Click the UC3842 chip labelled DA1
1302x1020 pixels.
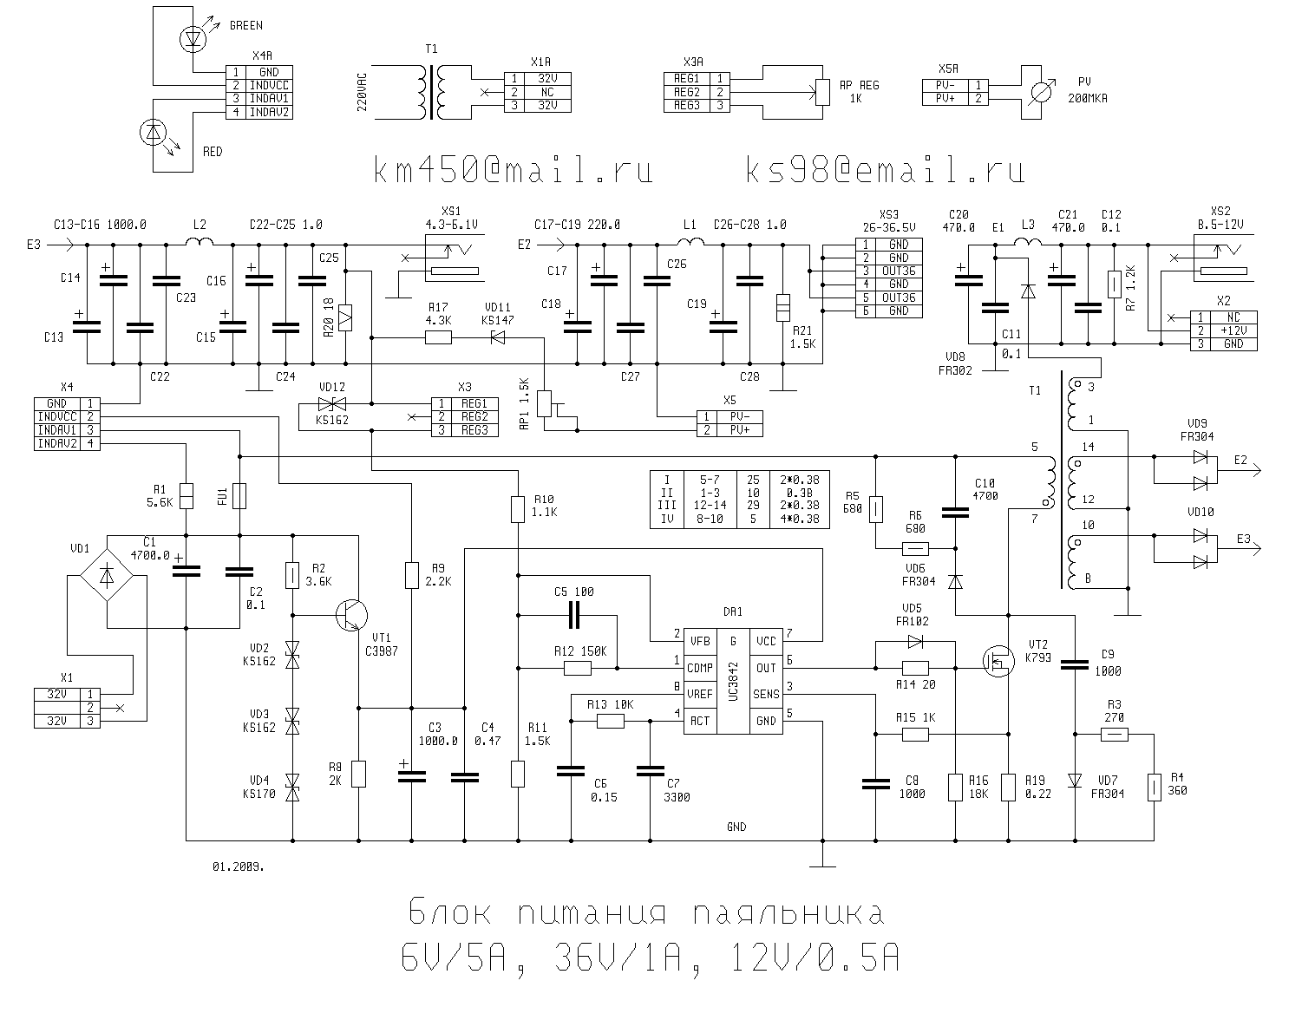point(732,681)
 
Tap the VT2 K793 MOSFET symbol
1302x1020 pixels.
point(998,661)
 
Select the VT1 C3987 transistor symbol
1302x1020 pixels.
point(350,614)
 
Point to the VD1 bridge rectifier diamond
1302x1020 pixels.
point(106,575)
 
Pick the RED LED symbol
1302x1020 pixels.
point(154,133)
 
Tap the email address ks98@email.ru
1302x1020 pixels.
point(885,170)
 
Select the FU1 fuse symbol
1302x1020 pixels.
point(239,495)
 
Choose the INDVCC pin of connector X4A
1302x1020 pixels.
point(269,86)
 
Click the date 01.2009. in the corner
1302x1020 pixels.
point(239,866)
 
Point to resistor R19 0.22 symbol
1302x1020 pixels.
point(1008,787)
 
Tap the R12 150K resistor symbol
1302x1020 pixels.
point(578,668)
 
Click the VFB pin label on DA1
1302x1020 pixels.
point(699,641)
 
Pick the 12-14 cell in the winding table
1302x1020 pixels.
point(709,505)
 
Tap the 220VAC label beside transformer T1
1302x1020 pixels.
point(363,90)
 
